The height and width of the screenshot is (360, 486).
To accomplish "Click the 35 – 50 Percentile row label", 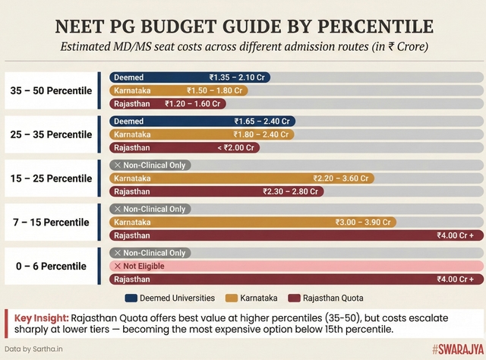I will pos(50,90).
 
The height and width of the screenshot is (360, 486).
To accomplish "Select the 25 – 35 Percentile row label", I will pos(50,134).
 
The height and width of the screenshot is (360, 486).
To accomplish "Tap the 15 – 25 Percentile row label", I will pos(50,178).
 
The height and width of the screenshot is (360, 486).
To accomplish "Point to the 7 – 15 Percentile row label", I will pos(50,223).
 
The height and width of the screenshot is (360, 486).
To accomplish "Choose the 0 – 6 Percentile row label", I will pos(50,267).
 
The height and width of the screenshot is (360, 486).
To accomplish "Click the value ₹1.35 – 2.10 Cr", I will pos(238,77).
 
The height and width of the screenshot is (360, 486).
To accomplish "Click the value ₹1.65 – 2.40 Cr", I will pos(262,122).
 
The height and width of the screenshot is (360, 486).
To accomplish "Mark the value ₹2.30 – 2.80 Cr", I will pos(291,191).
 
